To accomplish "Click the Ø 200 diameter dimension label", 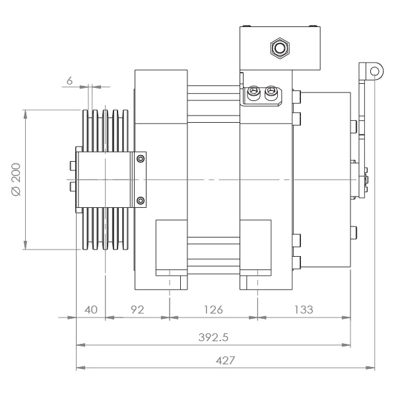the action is point(16,180).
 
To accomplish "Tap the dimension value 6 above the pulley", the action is point(69,81).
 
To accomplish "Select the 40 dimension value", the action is point(91,310).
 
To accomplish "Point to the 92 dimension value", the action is point(137,310).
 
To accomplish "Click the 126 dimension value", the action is point(213,310).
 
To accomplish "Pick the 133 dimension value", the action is point(304,310).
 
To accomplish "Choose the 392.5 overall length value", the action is point(213,337).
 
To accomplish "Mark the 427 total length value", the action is point(225,360).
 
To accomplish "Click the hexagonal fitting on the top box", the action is point(280,48).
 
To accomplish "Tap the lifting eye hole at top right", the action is point(374,71).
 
